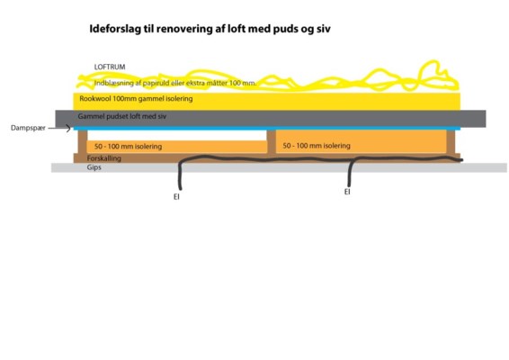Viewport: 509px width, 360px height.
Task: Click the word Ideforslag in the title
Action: pyautogui.click(x=115, y=29)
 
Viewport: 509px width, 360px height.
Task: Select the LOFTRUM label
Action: pyautogui.click(x=110, y=67)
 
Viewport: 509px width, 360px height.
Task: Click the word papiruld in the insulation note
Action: pyautogui.click(x=156, y=83)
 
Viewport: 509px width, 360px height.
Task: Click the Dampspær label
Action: pyautogui.click(x=28, y=128)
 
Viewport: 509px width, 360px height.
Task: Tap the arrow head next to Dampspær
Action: pyautogui.click(x=68, y=129)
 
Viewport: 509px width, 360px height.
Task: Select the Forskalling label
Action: pyautogui.click(x=104, y=158)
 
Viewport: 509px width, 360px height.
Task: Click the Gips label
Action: pyautogui.click(x=94, y=167)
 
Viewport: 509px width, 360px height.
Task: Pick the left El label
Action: pyautogui.click(x=176, y=197)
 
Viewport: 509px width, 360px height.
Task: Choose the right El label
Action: pyautogui.click(x=347, y=192)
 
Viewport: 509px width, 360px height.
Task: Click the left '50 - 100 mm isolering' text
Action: pyautogui.click(x=129, y=147)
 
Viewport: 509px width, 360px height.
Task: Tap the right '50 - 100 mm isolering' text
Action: pyautogui.click(x=317, y=146)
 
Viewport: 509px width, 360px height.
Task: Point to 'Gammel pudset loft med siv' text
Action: pyautogui.click(x=122, y=116)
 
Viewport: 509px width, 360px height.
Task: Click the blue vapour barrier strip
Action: pyautogui.click(x=267, y=129)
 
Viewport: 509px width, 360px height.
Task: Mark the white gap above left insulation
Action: pyautogui.click(x=177, y=135)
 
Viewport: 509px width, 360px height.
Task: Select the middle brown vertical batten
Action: pyautogui.click(x=272, y=141)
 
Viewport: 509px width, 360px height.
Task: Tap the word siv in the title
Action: pyautogui.click(x=324, y=29)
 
